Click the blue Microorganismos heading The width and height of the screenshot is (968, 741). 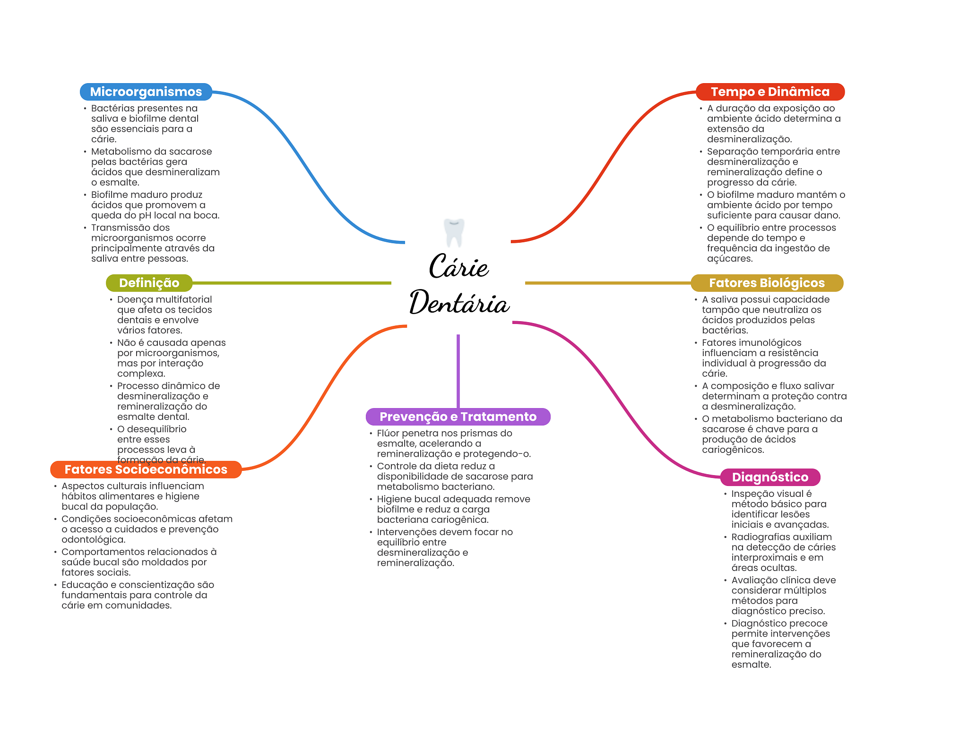click(146, 92)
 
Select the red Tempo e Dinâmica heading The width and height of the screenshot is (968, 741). click(770, 92)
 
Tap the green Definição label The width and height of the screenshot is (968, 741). click(149, 283)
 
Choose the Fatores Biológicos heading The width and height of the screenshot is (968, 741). click(767, 283)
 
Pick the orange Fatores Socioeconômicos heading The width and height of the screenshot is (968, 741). click(146, 469)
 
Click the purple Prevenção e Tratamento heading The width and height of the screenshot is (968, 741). click(458, 417)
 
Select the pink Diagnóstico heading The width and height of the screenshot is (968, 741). click(770, 477)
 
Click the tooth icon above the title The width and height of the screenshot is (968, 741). click(454, 232)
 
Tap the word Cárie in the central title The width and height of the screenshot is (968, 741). click(458, 267)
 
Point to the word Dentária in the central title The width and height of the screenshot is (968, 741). click(459, 303)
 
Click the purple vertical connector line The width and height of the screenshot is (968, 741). click(458, 371)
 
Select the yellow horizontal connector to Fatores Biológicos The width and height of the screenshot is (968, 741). click(607, 283)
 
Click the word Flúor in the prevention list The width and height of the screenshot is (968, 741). click(388, 433)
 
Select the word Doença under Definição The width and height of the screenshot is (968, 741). click(134, 299)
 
